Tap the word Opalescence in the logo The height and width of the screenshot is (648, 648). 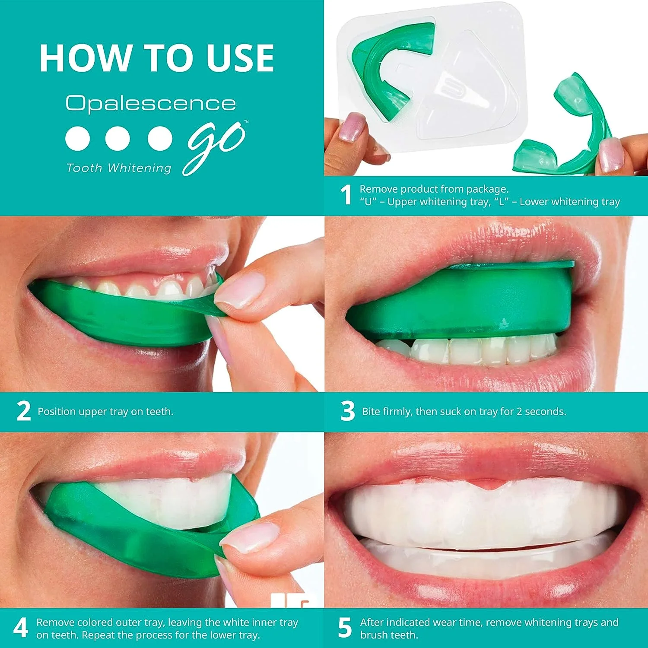(151, 104)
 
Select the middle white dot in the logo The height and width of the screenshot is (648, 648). (118, 139)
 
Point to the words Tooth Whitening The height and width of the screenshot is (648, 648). (119, 168)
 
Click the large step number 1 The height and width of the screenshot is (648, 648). (346, 195)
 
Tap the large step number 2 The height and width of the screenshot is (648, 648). (24, 411)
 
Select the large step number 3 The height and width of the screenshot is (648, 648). (348, 411)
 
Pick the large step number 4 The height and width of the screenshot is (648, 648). (21, 629)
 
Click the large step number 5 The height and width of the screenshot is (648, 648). (345, 629)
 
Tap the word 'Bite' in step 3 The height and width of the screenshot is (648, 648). (372, 412)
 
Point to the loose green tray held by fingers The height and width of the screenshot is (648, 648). (570, 130)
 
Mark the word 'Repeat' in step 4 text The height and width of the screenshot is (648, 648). (99, 635)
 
